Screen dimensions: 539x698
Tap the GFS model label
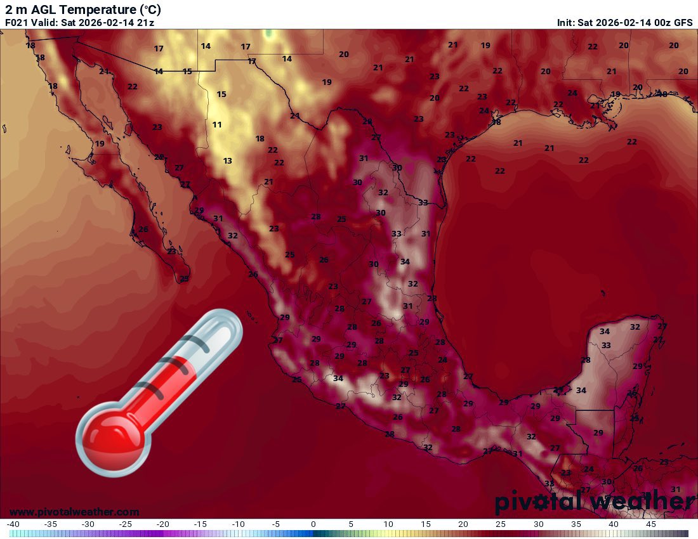pos(683,23)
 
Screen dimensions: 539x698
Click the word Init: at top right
pos(566,23)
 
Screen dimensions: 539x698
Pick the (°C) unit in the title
pos(150,10)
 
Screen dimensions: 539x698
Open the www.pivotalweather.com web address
pos(74,512)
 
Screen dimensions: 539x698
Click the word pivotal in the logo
pos(535,502)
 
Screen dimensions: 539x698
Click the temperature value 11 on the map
pos(217,125)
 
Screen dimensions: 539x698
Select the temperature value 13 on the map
pos(227,161)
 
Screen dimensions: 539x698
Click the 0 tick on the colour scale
pos(313,524)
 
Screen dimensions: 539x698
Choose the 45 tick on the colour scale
pos(651,524)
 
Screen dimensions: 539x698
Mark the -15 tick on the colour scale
pos(200,524)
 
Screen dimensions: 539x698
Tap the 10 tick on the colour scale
pos(388,524)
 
